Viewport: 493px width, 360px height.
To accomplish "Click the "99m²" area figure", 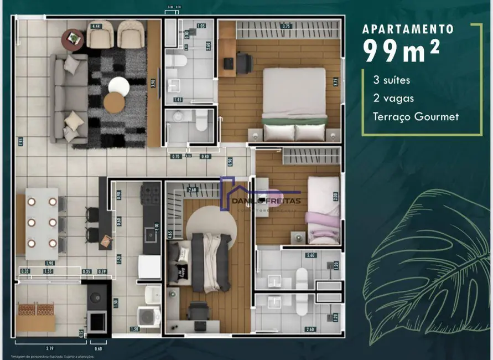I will tap(401, 51).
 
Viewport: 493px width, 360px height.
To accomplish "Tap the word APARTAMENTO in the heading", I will tap(408, 29).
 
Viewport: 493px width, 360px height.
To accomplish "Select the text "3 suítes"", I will tap(392, 80).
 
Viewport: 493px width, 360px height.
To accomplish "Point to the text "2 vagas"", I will tap(393, 98).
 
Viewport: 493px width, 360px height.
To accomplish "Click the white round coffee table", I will tap(118, 85).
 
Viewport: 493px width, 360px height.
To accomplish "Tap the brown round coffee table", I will tap(114, 102).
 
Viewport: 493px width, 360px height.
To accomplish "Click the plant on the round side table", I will tap(72, 37).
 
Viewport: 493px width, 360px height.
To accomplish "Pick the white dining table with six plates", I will tap(41, 224).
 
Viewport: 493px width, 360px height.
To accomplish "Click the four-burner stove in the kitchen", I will tap(151, 194).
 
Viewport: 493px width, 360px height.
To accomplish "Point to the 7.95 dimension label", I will tap(20, 141).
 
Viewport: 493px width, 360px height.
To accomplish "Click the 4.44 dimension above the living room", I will tap(96, 26).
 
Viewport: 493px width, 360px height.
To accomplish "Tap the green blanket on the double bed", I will tap(294, 120).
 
